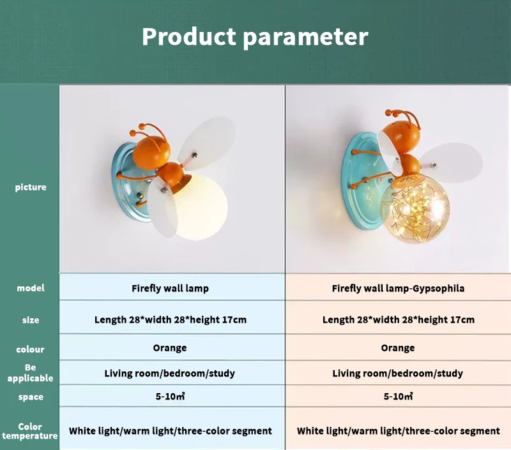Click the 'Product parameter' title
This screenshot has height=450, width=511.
click(x=255, y=37)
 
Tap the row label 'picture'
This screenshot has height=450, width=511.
click(x=31, y=187)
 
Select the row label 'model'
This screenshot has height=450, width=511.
click(x=31, y=288)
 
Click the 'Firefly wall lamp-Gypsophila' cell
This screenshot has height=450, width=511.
click(x=398, y=288)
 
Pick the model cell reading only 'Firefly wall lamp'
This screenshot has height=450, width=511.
click(x=170, y=288)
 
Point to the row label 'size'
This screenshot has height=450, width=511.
click(x=31, y=320)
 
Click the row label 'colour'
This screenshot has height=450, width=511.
click(x=30, y=349)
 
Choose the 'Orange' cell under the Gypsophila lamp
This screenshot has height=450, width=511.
click(x=398, y=348)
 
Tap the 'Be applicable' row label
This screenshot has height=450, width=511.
click(x=30, y=373)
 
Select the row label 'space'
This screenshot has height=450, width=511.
click(x=31, y=397)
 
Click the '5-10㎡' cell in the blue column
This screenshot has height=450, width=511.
click(x=170, y=396)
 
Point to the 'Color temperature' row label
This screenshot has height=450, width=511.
click(x=30, y=431)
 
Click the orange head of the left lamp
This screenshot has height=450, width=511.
click(x=151, y=151)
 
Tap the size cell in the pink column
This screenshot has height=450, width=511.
click(x=398, y=320)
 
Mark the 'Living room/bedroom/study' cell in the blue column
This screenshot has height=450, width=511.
click(x=170, y=373)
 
